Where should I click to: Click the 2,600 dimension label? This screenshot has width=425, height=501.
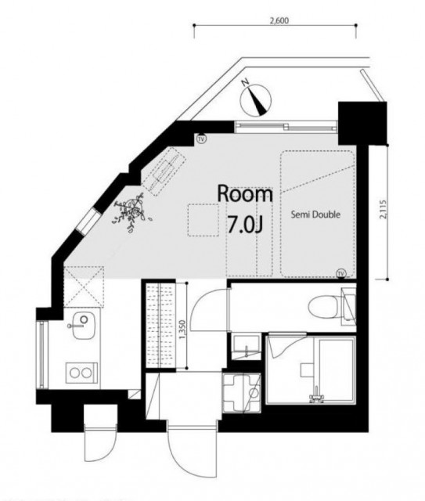tap(279, 20)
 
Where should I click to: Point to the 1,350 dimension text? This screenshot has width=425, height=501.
tap(182, 330)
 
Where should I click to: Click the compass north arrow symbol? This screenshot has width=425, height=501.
tap(256, 99)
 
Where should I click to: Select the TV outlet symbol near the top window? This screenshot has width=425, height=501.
tap(201, 139)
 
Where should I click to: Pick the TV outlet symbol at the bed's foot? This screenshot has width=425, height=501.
tap(341, 273)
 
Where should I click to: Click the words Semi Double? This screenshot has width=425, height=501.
tap(315, 214)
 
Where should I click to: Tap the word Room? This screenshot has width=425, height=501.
tap(245, 193)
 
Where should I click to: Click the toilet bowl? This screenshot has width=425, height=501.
tap(324, 307)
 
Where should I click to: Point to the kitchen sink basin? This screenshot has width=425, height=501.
tap(84, 326)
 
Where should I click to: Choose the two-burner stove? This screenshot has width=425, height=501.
tap(81, 373)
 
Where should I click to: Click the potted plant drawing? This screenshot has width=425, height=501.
tap(131, 211)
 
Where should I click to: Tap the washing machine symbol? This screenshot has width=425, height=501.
tap(242, 393)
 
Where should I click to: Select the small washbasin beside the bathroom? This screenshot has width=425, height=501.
tap(246, 347)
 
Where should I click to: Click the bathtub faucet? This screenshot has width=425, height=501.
tap(316, 396)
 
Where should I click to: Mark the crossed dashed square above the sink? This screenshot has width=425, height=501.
tap(84, 287)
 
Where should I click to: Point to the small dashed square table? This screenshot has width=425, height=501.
tap(203, 220)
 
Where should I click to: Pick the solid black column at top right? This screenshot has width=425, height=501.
tap(362, 123)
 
